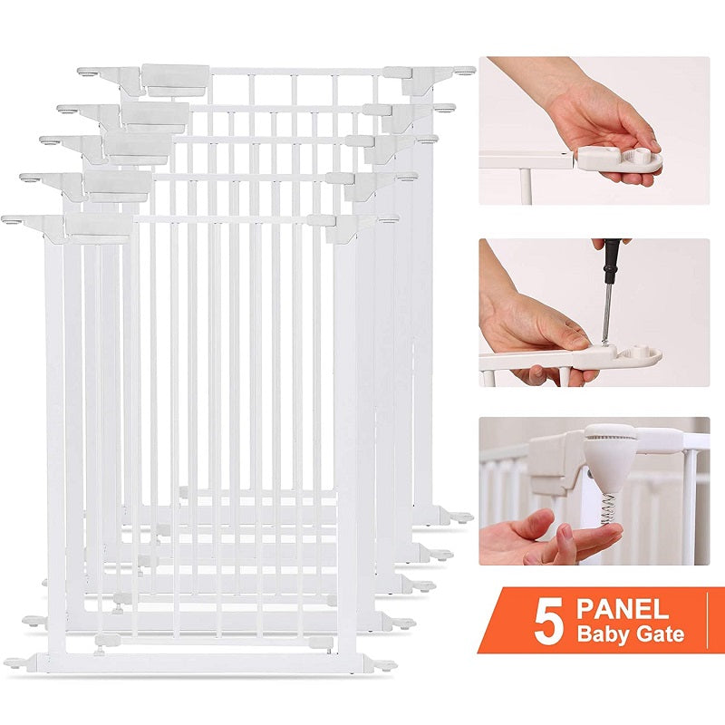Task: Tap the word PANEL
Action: click(626, 607)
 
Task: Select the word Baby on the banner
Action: click(604, 634)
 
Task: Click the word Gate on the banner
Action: click(662, 634)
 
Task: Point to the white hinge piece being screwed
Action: click(625, 353)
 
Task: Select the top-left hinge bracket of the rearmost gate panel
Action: click(172, 77)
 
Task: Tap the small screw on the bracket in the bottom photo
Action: click(591, 473)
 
